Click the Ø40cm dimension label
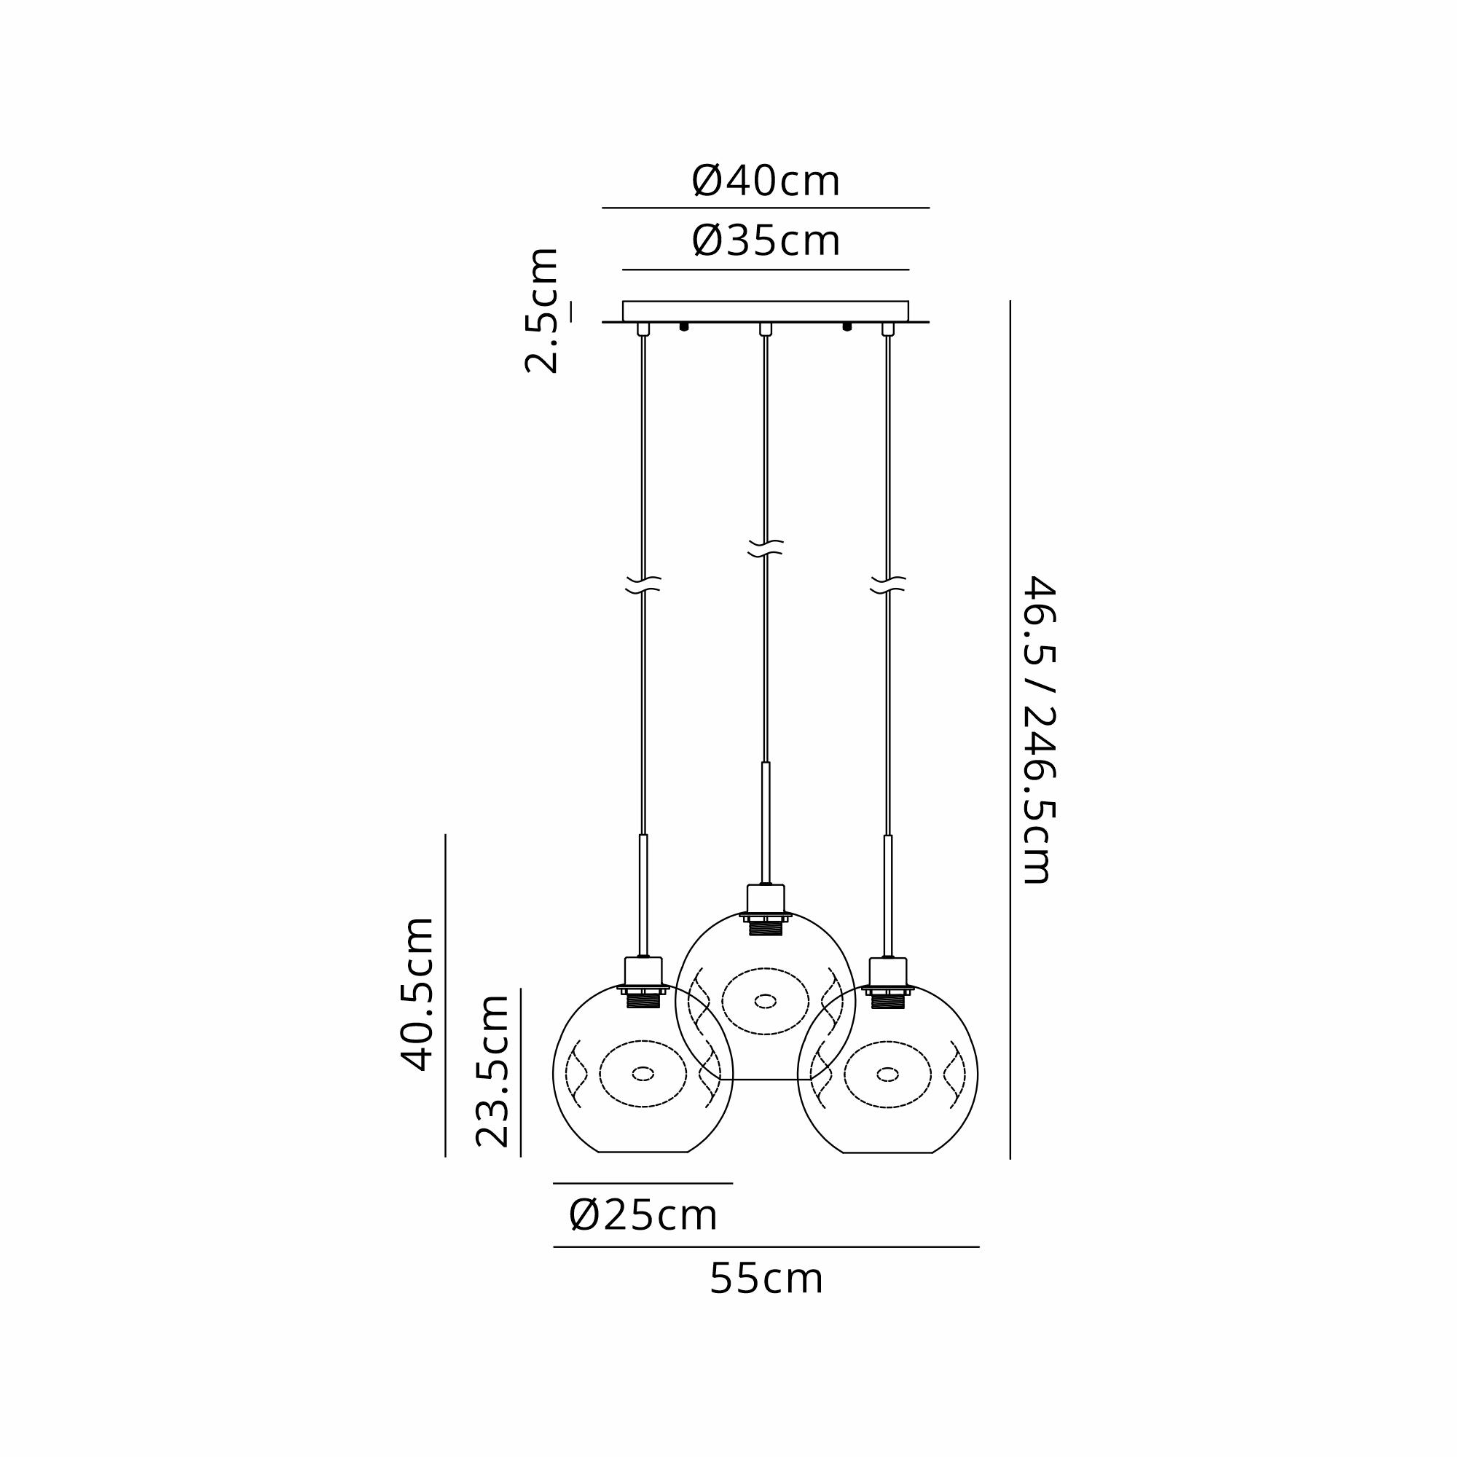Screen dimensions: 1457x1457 coord(766,181)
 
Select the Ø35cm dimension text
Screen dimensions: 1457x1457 coord(766,241)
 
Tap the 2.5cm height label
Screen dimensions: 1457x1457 coord(542,310)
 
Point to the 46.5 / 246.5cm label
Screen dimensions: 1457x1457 coord(1038,730)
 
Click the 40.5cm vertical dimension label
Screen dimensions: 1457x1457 coord(417,994)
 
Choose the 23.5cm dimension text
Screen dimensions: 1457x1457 coord(492,1070)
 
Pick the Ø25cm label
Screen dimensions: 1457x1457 coord(643,1216)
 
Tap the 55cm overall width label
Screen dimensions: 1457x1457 coord(766,1280)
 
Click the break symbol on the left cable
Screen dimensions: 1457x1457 coord(643,584)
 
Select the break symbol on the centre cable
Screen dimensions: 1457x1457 coord(766,549)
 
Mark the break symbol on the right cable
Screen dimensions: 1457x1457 coord(887,584)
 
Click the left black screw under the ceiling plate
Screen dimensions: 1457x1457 coord(684,327)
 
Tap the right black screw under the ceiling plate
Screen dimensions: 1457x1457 coord(847,327)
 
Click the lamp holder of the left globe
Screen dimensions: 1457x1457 coord(643,982)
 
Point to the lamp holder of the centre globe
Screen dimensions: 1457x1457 coord(766,909)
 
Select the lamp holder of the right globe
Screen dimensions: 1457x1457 coord(887,982)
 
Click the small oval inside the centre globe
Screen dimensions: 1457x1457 coord(766,1001)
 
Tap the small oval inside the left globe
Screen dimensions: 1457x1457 coord(643,1073)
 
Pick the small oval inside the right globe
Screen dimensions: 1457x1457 coord(887,1073)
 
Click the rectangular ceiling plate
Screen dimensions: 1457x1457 coord(766,312)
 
